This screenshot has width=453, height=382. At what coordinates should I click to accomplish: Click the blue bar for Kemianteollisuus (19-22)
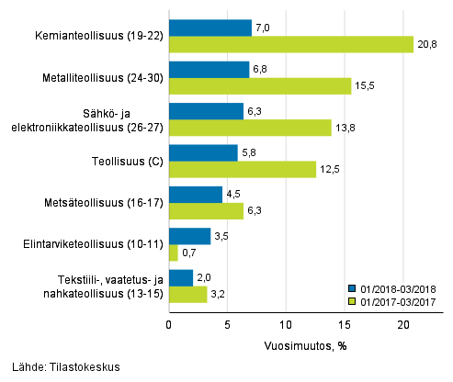coord(210,28)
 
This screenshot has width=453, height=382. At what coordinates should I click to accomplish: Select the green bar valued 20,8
coord(291,44)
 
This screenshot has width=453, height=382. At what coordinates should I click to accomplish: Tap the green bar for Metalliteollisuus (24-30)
coord(260,85)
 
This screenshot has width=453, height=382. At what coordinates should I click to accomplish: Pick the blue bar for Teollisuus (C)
coord(203,152)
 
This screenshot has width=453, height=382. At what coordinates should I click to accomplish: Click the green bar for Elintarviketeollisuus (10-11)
coord(174,253)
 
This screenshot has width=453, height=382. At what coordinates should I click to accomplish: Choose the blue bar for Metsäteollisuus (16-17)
coord(196,195)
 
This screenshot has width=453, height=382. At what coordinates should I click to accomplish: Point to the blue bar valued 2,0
coord(181,277)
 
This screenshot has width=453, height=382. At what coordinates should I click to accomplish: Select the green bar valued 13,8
coord(250,128)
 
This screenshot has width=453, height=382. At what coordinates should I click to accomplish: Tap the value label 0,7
coord(191,253)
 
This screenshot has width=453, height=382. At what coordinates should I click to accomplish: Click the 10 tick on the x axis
coord(286,325)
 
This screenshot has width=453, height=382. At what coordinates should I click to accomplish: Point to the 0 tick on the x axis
coord(169,325)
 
